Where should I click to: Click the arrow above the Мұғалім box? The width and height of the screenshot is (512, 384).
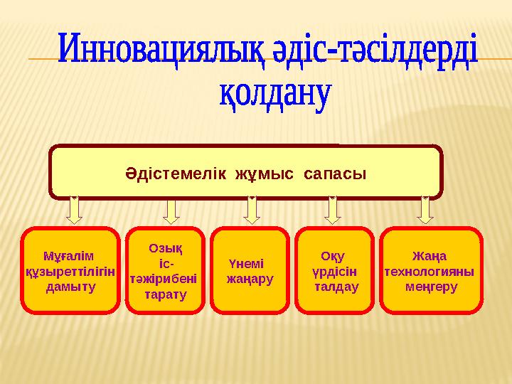(75, 210)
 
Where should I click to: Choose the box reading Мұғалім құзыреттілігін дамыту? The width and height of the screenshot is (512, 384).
(70, 270)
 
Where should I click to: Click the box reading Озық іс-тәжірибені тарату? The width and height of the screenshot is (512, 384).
(165, 270)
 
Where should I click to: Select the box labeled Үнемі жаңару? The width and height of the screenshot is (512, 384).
(250, 270)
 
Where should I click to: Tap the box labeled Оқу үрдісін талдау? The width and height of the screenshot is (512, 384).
(334, 270)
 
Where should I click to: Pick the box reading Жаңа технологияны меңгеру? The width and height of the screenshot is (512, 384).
(431, 270)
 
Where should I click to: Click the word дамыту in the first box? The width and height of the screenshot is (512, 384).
(69, 287)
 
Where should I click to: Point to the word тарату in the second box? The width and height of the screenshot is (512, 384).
(165, 294)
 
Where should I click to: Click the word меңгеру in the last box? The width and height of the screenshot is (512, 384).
(432, 286)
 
